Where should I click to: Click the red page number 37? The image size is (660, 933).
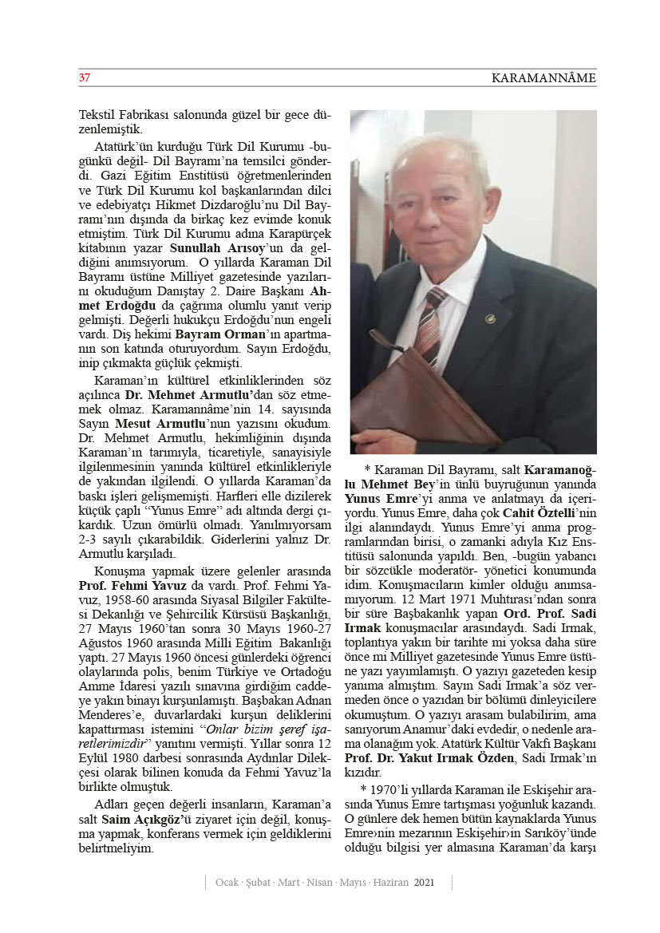(x=84, y=77)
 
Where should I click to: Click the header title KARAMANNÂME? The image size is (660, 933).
(x=543, y=78)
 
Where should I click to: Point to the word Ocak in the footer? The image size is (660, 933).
(x=230, y=883)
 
